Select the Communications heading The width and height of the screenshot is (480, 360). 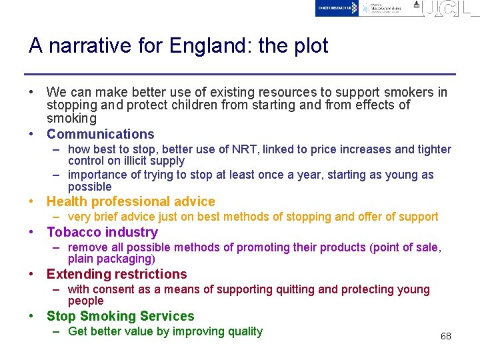[100, 134]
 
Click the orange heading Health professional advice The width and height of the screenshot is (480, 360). [131, 201]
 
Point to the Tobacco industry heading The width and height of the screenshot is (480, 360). [102, 232]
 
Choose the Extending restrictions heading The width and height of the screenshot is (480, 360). [117, 274]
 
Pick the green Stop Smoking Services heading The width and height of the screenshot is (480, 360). [120, 316]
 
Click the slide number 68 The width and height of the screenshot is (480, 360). [445, 336]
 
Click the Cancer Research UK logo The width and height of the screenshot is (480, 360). [337, 8]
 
